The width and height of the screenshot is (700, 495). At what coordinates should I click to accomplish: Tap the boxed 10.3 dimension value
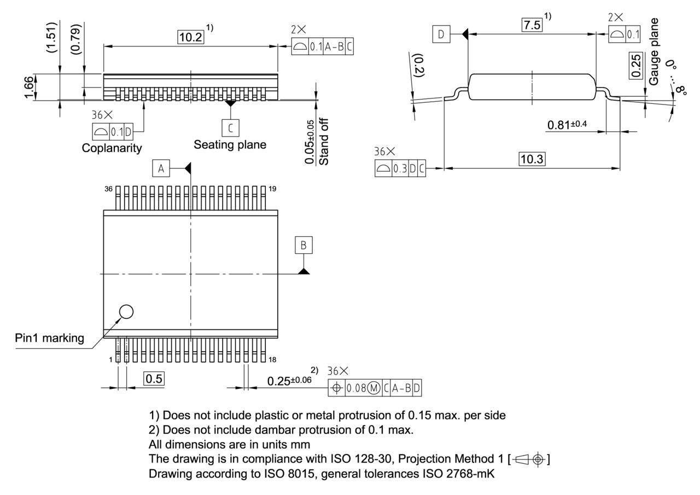coord(532,159)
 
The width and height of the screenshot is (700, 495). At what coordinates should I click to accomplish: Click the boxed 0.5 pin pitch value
coord(154,378)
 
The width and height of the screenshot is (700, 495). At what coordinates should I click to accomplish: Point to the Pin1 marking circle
coord(126,311)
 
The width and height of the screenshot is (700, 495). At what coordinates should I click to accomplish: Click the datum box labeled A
coord(161,168)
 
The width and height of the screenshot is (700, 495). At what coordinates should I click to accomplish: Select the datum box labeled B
coord(304,246)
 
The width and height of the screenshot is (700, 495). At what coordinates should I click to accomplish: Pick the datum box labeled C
coord(230,127)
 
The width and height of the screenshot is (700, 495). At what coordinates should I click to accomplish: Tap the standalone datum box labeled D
coord(441,35)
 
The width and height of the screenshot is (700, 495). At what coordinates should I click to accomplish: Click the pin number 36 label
coord(109,189)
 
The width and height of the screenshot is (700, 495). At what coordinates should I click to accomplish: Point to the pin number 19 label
coord(272,189)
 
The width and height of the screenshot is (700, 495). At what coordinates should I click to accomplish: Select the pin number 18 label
coord(272,359)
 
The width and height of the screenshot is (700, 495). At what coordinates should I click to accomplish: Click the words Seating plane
coord(230,145)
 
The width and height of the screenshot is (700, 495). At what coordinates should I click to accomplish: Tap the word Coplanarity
coord(112,148)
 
